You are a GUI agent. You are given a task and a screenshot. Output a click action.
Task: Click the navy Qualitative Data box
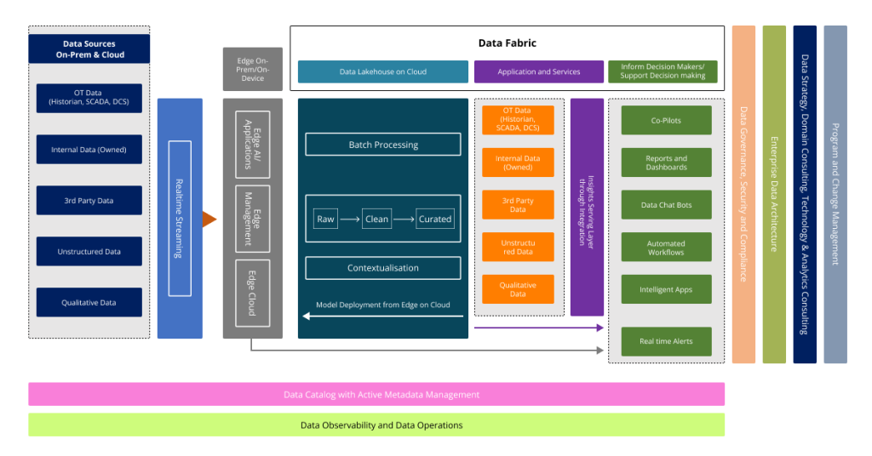pyautogui.click(x=89, y=303)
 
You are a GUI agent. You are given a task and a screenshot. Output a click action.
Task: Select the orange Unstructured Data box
pyautogui.click(x=518, y=248)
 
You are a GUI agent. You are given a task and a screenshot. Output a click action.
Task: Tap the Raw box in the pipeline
pyautogui.click(x=325, y=219)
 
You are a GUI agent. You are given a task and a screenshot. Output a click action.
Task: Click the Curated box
pyautogui.click(x=435, y=219)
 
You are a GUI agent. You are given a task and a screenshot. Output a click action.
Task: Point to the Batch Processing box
pyautogui.click(x=383, y=145)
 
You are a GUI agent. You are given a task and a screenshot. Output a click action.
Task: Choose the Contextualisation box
pyautogui.click(x=383, y=268)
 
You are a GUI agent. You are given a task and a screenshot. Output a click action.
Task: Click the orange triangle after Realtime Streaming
pyautogui.click(x=209, y=219)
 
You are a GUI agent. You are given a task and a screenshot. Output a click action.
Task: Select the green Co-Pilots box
pyautogui.click(x=666, y=121)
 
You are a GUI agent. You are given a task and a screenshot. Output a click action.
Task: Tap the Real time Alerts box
pyautogui.click(x=666, y=341)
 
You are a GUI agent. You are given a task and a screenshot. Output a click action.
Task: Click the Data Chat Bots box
pyautogui.click(x=666, y=205)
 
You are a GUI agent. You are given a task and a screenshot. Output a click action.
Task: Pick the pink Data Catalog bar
pyautogui.click(x=376, y=395)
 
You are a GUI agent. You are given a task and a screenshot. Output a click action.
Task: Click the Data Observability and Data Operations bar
pyautogui.click(x=376, y=425)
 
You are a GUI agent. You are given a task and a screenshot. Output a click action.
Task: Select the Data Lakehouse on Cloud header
pyautogui.click(x=383, y=71)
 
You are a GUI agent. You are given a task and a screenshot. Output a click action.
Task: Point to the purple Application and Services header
pyautogui.click(x=538, y=71)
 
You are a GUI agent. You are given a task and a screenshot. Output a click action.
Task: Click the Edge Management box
pyautogui.click(x=252, y=219)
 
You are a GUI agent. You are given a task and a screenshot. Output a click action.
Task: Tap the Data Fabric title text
pyautogui.click(x=507, y=43)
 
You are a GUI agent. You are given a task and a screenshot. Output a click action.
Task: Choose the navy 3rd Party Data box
pyautogui.click(x=89, y=201)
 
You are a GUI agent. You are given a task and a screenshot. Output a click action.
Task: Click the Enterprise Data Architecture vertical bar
pyautogui.click(x=774, y=194)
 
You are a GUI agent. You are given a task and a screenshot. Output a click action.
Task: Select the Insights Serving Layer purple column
pyautogui.click(x=587, y=208)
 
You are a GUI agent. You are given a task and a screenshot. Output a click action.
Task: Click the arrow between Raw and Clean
pyautogui.click(x=349, y=219)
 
